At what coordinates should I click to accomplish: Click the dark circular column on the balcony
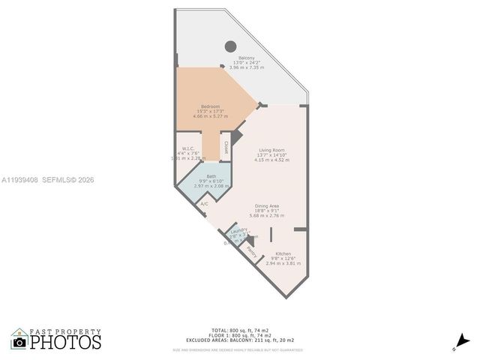point(231,45)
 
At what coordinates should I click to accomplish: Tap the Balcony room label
point(247,58)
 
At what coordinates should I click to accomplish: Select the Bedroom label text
point(211,106)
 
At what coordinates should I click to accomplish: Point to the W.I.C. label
point(188,148)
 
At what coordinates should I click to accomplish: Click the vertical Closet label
point(226,147)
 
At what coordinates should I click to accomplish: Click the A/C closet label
point(203,203)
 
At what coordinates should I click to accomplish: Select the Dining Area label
point(267,205)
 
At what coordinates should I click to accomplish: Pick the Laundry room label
point(239,231)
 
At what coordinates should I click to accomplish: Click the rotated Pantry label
point(251,253)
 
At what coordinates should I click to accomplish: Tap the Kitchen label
point(283,253)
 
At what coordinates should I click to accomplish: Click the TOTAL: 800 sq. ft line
point(240,330)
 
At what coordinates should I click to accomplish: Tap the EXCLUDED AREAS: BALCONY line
point(240,340)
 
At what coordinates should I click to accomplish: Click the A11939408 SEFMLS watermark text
point(48,180)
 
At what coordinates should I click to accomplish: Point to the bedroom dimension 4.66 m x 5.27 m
point(211,116)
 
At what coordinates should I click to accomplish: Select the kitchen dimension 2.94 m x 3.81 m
point(283,263)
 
